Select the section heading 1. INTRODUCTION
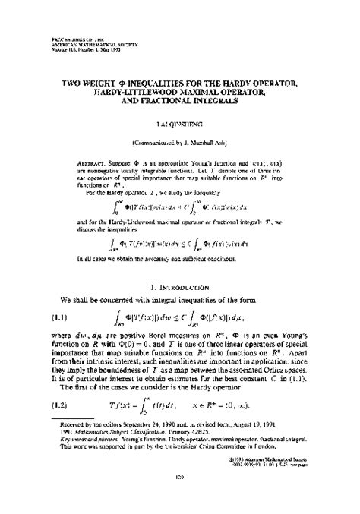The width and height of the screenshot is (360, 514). [180, 267]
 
